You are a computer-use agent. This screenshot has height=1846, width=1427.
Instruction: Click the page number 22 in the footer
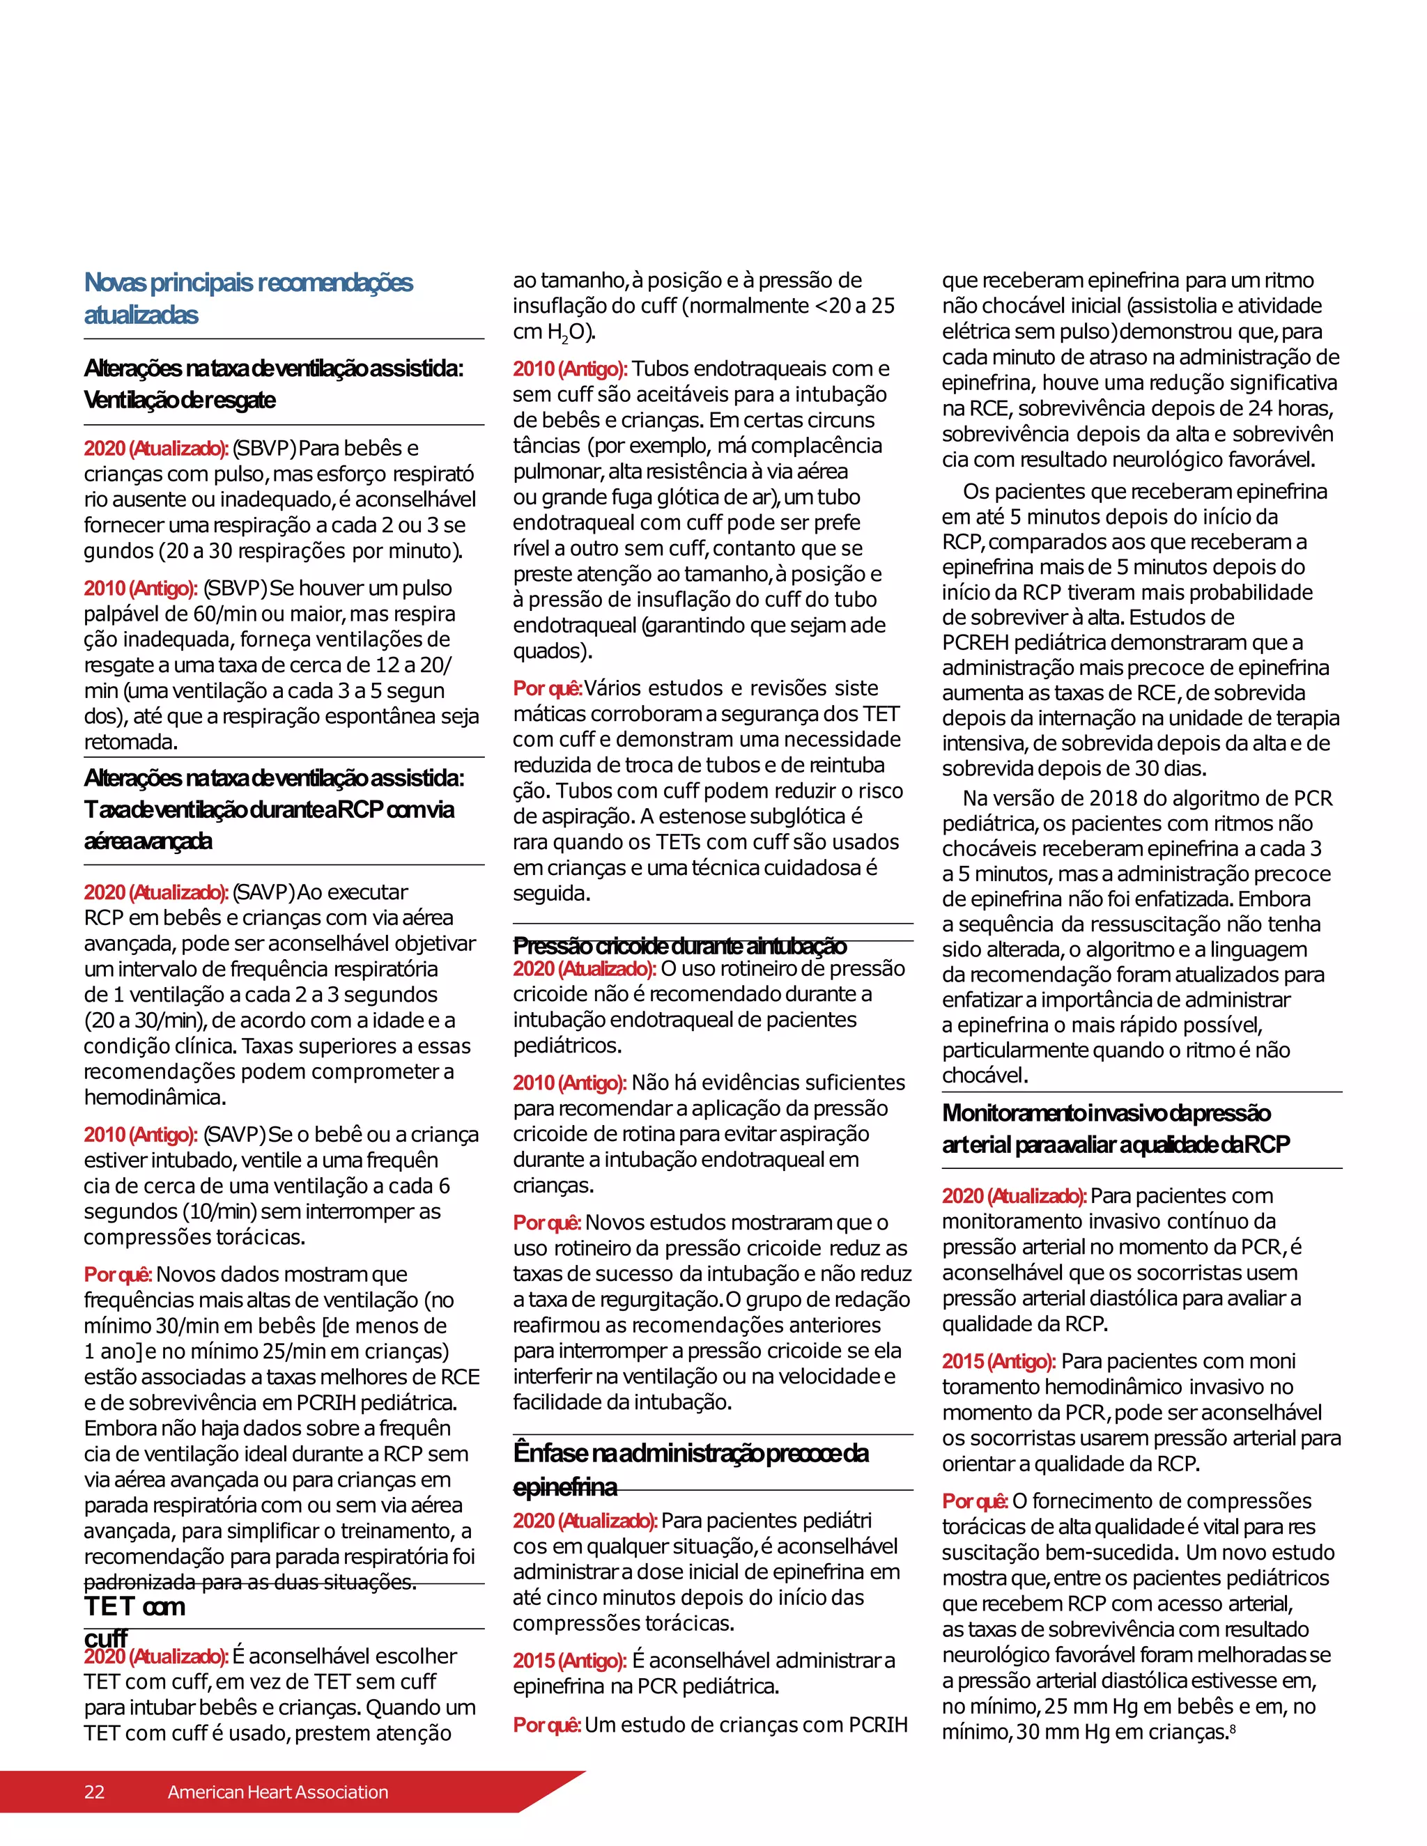(x=94, y=1792)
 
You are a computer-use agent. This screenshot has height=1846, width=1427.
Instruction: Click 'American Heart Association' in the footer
(x=277, y=1792)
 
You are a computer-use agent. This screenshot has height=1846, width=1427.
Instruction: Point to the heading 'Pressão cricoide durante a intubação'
(x=679, y=945)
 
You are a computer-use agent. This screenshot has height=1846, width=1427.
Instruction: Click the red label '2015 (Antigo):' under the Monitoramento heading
(x=998, y=1362)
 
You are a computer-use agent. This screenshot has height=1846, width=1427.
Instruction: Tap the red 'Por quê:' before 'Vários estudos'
(x=546, y=688)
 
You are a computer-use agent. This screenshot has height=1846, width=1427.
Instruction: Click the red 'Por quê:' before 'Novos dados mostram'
(x=118, y=1275)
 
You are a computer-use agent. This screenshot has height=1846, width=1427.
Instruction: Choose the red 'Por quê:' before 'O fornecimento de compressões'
(x=975, y=1501)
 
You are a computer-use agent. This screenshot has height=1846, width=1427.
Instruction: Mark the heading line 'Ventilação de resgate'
(x=179, y=400)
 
